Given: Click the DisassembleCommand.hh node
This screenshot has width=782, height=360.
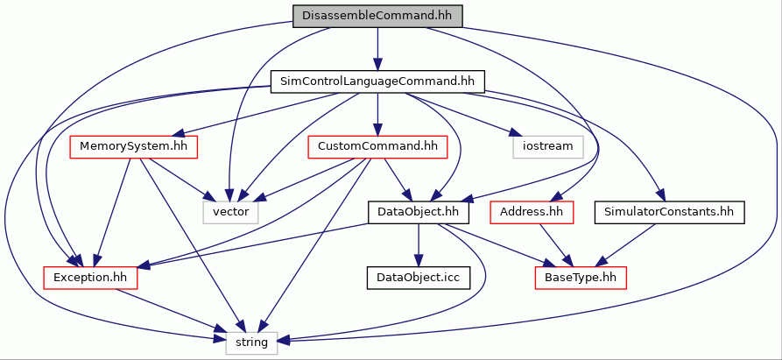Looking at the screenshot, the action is tap(377, 16).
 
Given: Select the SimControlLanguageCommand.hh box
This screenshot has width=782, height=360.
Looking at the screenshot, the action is tap(377, 81).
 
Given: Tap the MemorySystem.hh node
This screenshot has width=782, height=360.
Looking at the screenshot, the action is tap(133, 147).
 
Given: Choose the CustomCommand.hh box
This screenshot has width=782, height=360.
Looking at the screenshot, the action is tap(377, 147).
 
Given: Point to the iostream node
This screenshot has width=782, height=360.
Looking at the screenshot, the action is tap(548, 147).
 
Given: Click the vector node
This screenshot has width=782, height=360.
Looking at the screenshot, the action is tap(230, 213).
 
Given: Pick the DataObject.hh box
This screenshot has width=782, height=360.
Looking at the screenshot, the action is tap(418, 213).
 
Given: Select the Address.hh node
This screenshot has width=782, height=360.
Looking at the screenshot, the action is tap(532, 213).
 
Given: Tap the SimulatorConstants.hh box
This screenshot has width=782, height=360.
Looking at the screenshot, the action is tap(669, 213).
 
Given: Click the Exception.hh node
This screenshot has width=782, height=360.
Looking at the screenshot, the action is tap(90, 278).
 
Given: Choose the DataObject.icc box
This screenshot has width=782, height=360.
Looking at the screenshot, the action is tap(418, 278).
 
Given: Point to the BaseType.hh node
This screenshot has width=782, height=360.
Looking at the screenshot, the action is tap(581, 278).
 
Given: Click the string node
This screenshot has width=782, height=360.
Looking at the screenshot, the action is tap(251, 343).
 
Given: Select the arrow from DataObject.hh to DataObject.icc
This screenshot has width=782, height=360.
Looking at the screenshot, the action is tap(418, 245).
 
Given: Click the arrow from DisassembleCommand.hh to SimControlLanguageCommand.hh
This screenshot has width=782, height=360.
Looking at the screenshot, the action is tap(377, 49).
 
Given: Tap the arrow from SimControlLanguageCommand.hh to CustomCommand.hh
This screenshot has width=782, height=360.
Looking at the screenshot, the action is tap(377, 114).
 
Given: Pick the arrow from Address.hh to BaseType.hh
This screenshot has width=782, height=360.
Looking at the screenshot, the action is tap(555, 245).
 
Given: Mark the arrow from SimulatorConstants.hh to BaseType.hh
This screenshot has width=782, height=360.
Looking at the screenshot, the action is tap(626, 245).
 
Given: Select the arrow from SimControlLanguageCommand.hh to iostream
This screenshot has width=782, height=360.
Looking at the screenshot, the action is tap(461, 114).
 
